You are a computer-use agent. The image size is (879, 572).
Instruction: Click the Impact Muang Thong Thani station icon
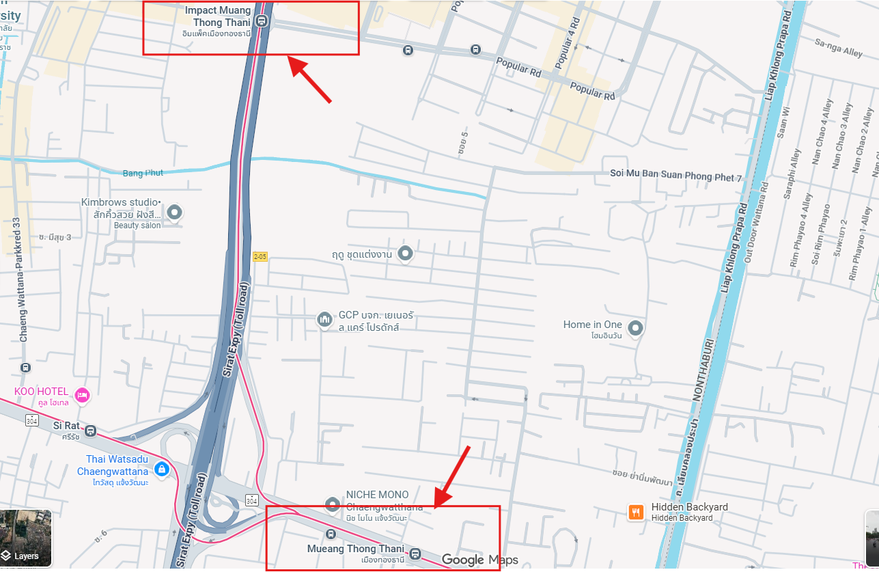[x=261, y=22]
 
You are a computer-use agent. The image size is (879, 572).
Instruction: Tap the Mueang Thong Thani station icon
[x=415, y=553]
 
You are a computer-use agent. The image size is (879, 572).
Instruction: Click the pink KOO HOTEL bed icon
[x=82, y=394]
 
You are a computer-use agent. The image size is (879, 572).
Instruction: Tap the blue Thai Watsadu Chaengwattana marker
[x=162, y=469]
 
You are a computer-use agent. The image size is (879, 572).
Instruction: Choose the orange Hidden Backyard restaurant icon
[x=636, y=511]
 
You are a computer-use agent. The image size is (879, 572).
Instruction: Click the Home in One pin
[x=636, y=329]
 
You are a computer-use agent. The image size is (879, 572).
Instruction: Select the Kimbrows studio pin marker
[x=175, y=213]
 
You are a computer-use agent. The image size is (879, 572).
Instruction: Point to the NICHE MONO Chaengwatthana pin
[x=333, y=505]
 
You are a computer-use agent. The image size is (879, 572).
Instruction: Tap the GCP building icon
[x=324, y=319]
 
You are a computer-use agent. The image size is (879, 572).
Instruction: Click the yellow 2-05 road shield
[x=260, y=256]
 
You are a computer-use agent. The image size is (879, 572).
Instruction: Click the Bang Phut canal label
[x=143, y=173]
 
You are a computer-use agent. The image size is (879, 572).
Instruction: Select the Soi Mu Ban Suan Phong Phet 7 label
[x=675, y=178]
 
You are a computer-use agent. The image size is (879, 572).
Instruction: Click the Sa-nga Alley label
[x=839, y=46]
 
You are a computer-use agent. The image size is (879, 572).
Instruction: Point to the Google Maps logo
[x=479, y=560]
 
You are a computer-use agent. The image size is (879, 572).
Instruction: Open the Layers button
[x=26, y=539]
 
